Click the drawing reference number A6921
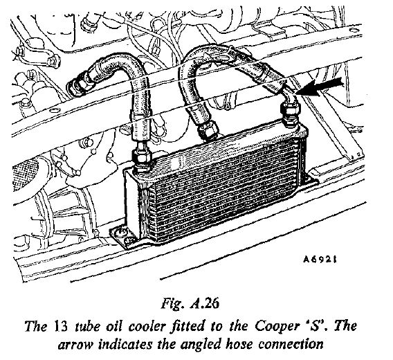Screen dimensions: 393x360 click(320, 260)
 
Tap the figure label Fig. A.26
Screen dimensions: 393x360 click(190, 303)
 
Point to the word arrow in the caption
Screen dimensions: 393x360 click(75, 345)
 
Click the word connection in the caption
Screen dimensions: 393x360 click(291, 344)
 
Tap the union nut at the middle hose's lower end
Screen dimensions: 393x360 click(208, 131)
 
